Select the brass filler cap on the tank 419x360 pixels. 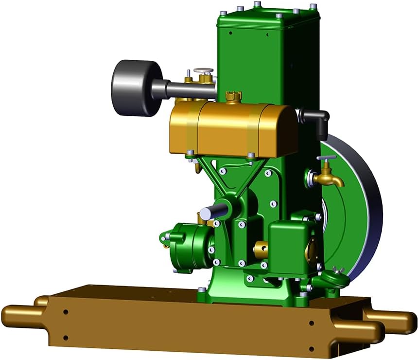tap(234, 96)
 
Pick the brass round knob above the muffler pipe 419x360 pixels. tap(204, 72)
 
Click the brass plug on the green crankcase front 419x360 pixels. tap(261, 250)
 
